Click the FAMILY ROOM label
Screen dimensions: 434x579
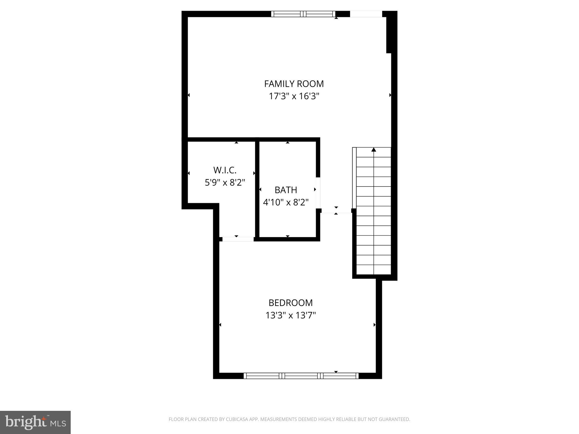point(294,84)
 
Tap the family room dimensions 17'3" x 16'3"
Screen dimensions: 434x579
point(294,96)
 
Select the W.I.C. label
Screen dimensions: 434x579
point(225,170)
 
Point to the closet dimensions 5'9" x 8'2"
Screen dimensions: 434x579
point(225,183)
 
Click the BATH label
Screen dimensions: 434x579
point(286,190)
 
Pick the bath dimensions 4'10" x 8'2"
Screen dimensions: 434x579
point(286,202)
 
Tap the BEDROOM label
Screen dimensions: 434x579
point(291,303)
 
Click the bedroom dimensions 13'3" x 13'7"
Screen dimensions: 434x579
point(291,315)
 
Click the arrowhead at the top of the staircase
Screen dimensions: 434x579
point(374,149)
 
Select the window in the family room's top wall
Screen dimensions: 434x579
point(303,14)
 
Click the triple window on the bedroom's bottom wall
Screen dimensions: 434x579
point(301,376)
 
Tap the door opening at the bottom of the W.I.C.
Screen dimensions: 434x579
point(238,239)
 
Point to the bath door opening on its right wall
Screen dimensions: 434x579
point(318,193)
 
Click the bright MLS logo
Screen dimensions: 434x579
point(35,422)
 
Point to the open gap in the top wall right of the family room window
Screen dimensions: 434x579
point(366,14)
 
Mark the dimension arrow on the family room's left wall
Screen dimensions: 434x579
point(189,95)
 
